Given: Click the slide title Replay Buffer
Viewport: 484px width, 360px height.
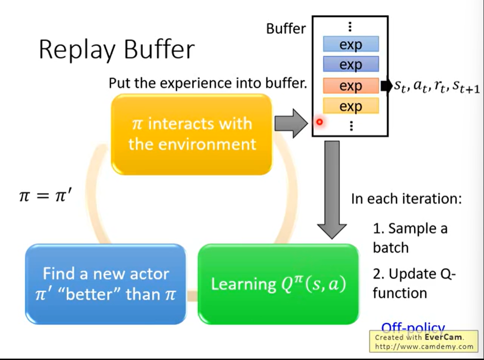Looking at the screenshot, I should coord(116,49).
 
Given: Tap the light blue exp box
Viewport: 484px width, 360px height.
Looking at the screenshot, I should coord(351,44).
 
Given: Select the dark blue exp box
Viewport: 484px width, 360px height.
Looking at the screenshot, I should coord(351,65).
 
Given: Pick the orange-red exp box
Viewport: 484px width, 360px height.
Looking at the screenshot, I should coord(351,86).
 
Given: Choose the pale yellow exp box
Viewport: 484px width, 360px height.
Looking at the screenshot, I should coord(351,106).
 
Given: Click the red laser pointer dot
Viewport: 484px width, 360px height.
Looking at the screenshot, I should coord(319,122).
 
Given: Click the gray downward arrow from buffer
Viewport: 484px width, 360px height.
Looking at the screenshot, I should coord(332,188).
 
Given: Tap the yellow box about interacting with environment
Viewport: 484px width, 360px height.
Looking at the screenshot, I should coord(192,134).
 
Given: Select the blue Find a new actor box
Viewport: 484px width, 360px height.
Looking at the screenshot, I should coord(105,284).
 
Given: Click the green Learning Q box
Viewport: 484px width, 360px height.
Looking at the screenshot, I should coord(278,284).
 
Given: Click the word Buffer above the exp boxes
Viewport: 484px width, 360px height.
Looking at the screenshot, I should coord(286,28).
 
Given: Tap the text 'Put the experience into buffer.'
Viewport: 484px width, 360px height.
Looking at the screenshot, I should coord(208,83).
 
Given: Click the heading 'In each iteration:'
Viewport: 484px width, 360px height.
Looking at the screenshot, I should coord(406,199).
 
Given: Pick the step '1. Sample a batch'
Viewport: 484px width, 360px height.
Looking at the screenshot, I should coord(410,238).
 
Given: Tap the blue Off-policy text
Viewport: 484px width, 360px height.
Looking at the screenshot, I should coord(413,327).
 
